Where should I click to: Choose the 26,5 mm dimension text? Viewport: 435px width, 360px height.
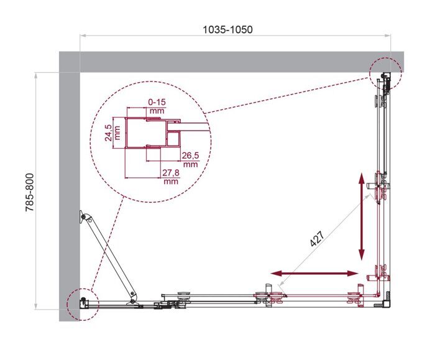190,159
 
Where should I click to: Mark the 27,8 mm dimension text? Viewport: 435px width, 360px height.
170,177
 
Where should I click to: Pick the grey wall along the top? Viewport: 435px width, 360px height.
230,62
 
